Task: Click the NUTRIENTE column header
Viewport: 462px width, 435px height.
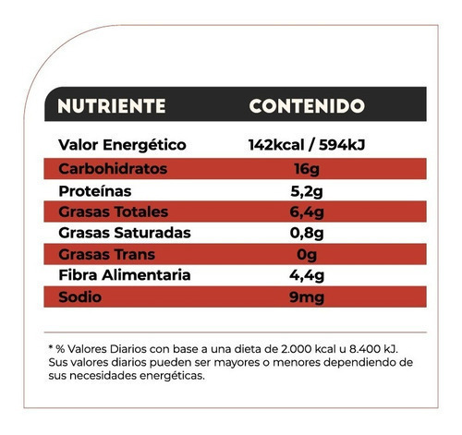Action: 112,106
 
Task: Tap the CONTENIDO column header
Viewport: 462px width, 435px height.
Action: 307,106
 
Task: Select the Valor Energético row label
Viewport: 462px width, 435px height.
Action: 122,145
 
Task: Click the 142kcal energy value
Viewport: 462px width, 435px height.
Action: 276,145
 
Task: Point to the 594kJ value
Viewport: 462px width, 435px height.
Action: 342,145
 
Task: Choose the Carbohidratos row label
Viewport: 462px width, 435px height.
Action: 113,169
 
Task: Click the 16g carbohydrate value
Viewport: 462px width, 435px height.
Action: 307,170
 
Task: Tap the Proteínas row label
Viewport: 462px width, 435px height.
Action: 95,191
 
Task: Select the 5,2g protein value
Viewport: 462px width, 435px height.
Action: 307,192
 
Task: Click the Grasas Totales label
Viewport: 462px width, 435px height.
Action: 114,211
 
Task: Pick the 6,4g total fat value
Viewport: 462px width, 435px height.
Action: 307,212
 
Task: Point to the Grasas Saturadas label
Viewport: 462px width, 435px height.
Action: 125,233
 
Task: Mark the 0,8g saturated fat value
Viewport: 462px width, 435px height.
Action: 307,234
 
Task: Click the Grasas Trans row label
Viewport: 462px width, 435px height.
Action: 106,255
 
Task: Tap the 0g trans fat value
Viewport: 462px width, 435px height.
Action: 307,255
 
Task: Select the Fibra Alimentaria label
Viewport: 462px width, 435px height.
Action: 125,275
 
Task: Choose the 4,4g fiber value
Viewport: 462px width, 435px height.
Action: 307,276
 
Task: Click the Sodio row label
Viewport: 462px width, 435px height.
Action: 79,297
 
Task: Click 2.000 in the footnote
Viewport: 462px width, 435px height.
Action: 297,349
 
